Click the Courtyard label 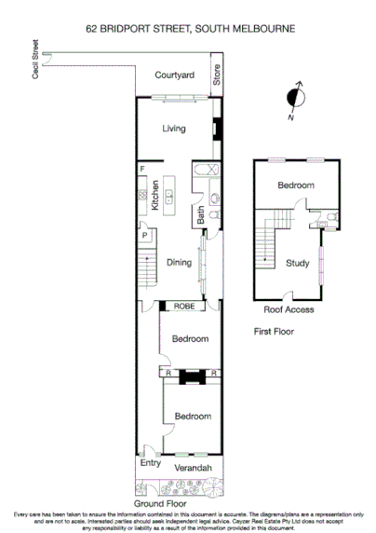coord(174,75)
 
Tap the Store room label coord(217,75)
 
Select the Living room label coord(174,129)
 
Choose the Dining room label coord(180,263)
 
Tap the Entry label coord(150,464)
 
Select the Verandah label coord(194,467)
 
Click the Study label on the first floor coord(298,264)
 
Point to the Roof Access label coord(289,309)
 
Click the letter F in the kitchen coord(142,170)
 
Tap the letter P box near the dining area coord(145,237)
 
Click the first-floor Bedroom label coord(296,185)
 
